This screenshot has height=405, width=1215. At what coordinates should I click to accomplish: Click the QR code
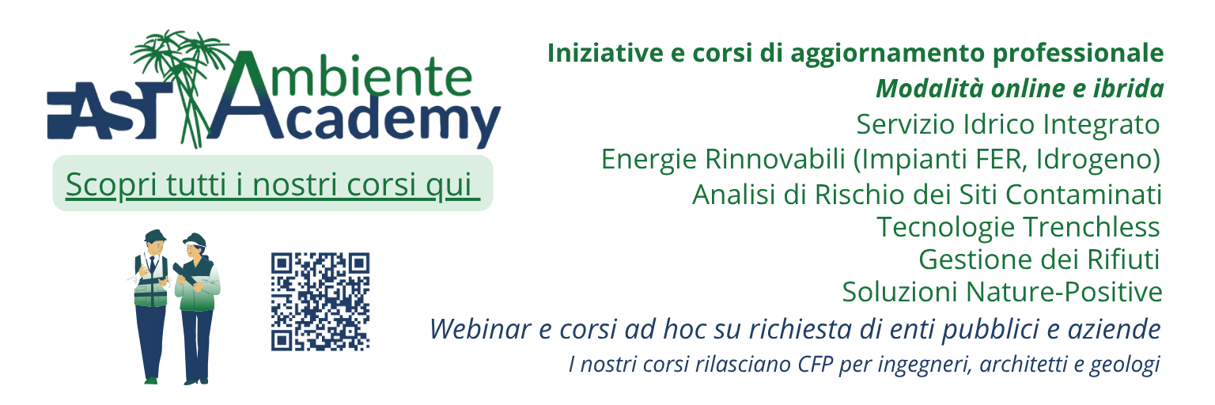(320, 301)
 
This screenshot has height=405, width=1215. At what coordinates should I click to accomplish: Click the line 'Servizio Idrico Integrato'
(1008, 125)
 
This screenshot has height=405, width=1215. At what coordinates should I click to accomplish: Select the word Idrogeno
(1098, 160)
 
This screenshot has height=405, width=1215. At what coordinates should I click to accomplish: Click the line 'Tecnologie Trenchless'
(1019, 227)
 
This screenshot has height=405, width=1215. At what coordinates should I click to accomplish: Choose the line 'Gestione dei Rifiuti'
(1039, 259)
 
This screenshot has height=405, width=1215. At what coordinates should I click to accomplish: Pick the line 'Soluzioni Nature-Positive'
(1002, 292)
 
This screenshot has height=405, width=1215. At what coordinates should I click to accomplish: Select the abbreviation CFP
(815, 365)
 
